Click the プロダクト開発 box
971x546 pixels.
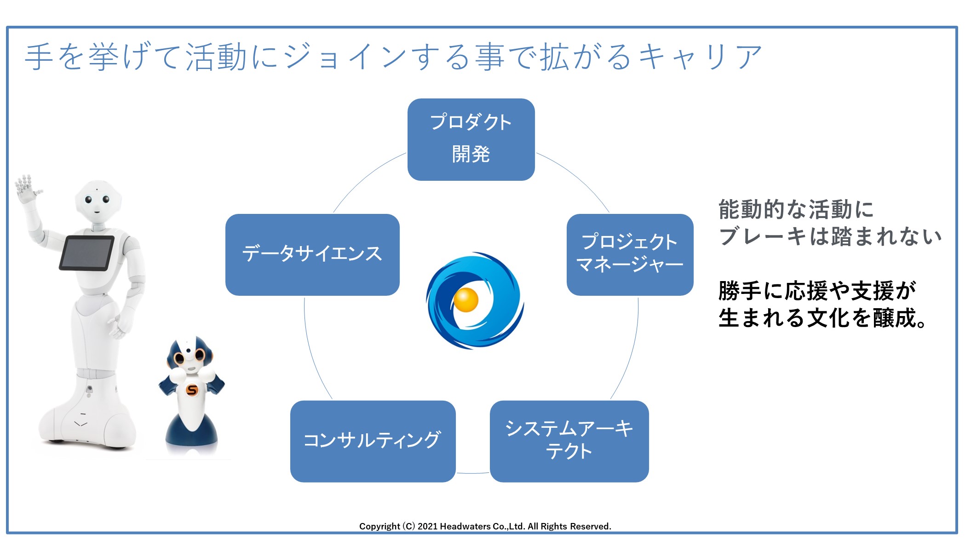click(471, 139)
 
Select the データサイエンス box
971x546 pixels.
click(312, 255)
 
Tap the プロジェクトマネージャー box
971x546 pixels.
click(630, 255)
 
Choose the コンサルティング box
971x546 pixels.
click(373, 441)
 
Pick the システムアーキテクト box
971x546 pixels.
click(569, 441)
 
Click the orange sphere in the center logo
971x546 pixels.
click(466, 300)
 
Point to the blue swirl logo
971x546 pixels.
click(475, 300)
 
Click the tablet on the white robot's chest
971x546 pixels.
click(87, 253)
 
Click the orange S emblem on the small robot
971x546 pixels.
click(192, 391)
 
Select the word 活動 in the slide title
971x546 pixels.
click(216, 57)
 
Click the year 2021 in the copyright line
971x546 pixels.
click(427, 526)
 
